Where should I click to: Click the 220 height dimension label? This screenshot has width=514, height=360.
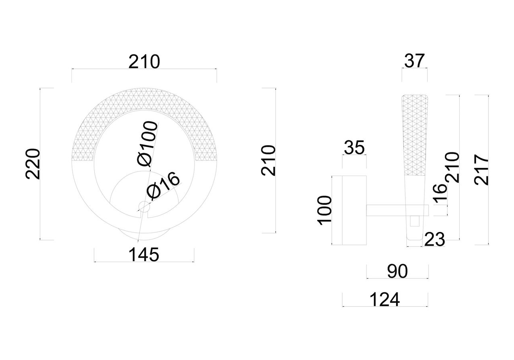pyautogui.click(x=33, y=164)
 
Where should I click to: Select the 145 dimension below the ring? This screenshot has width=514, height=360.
pyautogui.click(x=144, y=255)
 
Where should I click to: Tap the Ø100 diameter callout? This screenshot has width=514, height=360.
pyautogui.click(x=147, y=144)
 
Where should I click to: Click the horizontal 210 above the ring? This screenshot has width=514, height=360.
pyautogui.click(x=144, y=62)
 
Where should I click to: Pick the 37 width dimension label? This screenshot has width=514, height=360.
pyautogui.click(x=414, y=61)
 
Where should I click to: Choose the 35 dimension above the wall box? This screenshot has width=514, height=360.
pyautogui.click(x=354, y=148)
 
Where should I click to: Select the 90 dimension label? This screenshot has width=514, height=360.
pyautogui.click(x=397, y=272)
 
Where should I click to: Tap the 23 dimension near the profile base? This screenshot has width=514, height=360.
pyautogui.click(x=434, y=240)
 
